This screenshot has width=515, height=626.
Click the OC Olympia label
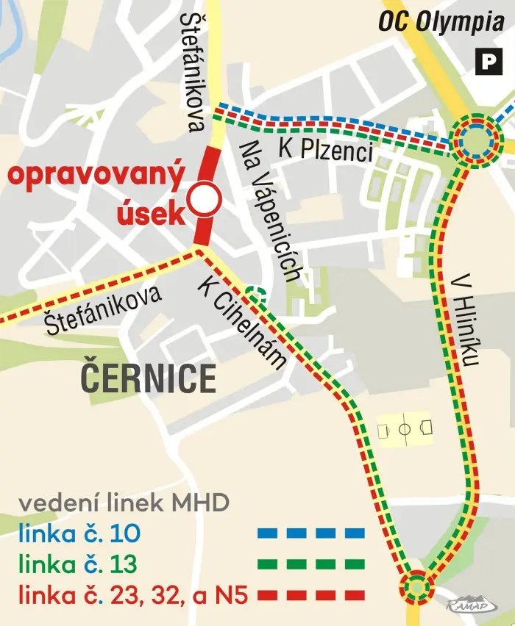(x=441, y=21)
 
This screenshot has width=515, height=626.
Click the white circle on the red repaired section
(x=203, y=198)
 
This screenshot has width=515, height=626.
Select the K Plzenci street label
(x=325, y=151)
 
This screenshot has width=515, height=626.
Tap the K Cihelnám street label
(x=241, y=323)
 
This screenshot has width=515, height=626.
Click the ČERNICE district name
(x=148, y=378)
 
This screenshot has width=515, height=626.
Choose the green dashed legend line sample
(x=311, y=564)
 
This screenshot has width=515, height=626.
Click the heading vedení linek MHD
(x=124, y=503)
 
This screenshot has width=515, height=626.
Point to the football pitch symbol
(x=405, y=429)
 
